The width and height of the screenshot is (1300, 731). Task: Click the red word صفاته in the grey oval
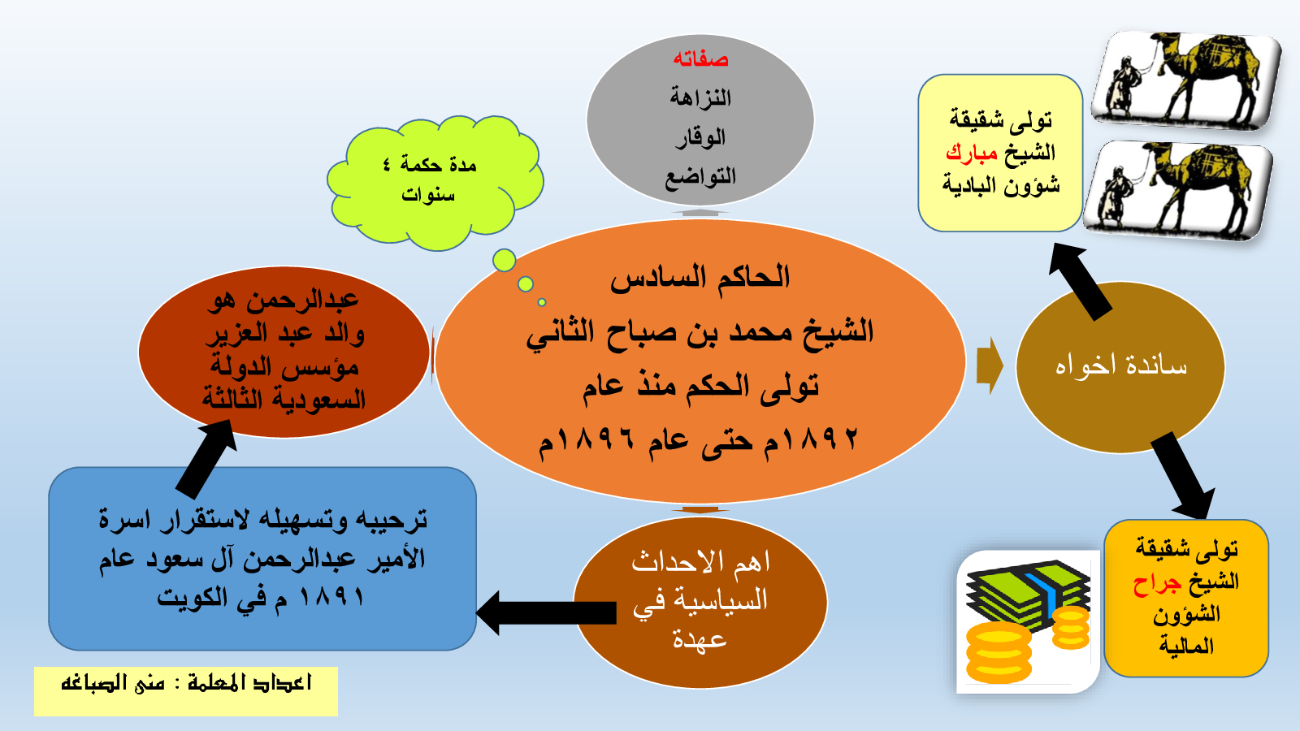[x=700, y=59]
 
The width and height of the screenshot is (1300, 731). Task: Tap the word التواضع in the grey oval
[x=700, y=176]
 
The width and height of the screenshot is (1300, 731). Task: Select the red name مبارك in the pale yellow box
[x=972, y=153]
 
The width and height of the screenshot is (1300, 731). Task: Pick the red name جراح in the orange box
[x=1157, y=583]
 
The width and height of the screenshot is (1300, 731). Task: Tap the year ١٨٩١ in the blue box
[x=334, y=596]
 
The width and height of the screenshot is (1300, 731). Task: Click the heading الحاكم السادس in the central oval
[x=700, y=277]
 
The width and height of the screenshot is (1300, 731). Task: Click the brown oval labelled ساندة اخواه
[x=1120, y=367]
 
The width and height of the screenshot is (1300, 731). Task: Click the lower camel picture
[x=1178, y=190]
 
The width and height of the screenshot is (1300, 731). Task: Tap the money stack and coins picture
[x=1028, y=621]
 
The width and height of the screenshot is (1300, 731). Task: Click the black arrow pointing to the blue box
[x=545, y=613]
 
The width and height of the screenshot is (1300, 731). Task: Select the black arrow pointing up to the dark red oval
[x=207, y=458]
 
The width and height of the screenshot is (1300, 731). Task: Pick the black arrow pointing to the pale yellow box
[x=1080, y=281]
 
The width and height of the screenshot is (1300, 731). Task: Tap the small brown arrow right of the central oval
[x=990, y=366]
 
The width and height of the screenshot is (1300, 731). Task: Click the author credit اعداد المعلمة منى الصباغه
[x=186, y=683]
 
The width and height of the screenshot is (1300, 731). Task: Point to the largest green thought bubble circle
[x=505, y=261]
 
